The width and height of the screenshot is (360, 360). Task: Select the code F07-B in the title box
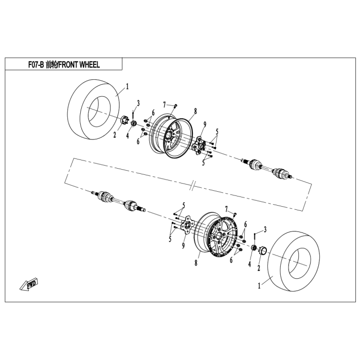pos(36,65)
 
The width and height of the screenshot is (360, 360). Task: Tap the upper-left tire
pos(94,109)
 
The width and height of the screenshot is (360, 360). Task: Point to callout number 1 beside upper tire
pos(127,87)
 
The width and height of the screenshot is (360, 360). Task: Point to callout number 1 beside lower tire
pos(259,286)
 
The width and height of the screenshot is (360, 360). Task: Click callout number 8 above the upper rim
pos(195,112)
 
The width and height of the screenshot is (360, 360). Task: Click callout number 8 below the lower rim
pos(196,263)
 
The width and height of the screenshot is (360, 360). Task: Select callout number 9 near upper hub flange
pos(205,124)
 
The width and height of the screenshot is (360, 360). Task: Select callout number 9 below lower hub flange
pos(183,246)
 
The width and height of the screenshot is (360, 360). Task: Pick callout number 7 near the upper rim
pos(164,105)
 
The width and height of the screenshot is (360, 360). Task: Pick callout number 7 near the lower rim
pos(226,209)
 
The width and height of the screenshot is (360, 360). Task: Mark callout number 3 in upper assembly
pos(138,103)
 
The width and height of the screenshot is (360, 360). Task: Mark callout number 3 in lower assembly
pos(265,229)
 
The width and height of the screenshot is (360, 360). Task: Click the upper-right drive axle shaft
pos(267,168)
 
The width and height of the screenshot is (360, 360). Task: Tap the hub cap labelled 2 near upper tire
pos(125,121)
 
